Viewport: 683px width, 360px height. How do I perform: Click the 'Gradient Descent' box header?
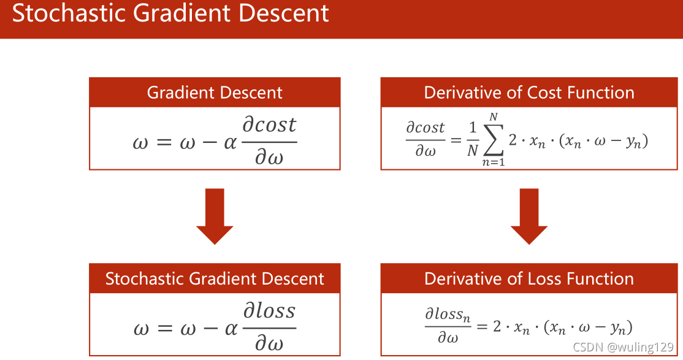215,93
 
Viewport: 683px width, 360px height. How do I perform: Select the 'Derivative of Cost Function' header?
529,93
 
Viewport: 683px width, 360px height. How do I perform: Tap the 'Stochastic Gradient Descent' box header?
215,278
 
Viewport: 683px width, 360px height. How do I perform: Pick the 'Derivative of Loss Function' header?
529,278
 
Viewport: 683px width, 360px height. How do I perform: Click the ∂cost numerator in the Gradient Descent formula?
269,125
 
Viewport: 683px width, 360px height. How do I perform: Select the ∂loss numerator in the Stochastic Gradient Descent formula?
269,311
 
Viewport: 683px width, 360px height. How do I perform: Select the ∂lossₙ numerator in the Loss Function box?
448,315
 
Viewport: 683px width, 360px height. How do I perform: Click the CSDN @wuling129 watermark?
623,347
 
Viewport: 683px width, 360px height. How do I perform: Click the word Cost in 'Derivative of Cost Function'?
546,93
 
